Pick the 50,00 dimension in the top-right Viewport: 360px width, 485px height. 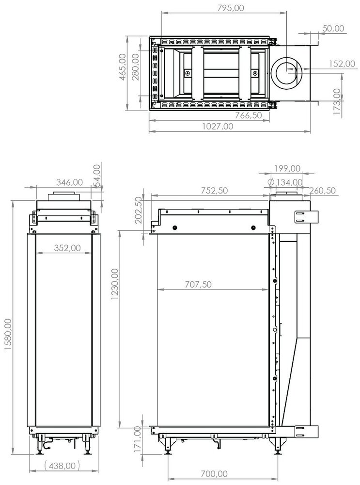point(333,28)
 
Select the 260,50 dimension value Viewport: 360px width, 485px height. point(324,191)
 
